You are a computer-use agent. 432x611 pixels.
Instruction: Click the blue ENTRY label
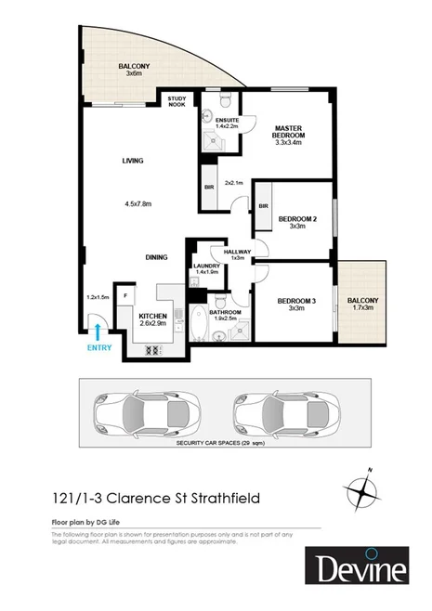98,347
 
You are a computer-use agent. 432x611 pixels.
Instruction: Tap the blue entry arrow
98,329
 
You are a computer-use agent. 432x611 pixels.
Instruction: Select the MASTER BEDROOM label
288,132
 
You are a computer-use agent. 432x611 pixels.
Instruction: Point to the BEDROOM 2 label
297,219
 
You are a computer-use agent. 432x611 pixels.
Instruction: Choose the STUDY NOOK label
177,101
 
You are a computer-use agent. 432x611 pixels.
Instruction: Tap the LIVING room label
133,161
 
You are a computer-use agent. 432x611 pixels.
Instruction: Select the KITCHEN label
152,316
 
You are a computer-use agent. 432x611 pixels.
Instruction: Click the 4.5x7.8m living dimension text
137,203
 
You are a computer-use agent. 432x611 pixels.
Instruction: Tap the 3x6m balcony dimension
134,73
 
